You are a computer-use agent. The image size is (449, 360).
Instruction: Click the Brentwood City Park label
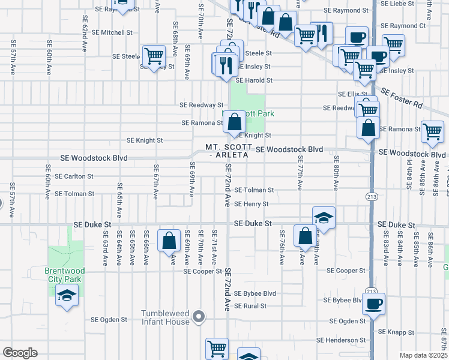click(65, 275)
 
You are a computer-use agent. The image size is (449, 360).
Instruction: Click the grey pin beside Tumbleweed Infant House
click(201, 316)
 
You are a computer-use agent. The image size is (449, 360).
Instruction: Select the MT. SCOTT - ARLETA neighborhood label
click(227, 151)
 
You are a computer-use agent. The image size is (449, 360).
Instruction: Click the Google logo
click(20, 353)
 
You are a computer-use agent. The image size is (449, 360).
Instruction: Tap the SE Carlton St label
click(74, 176)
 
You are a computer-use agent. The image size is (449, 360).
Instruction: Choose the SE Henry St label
click(252, 204)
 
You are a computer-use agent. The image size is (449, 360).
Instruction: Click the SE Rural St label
click(251, 306)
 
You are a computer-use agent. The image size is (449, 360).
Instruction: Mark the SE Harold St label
click(254, 80)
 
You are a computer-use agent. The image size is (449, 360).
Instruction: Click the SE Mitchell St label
click(108, 32)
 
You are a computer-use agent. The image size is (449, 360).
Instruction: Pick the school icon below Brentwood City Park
click(67, 296)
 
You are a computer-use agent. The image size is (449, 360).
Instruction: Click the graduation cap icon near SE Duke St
click(324, 218)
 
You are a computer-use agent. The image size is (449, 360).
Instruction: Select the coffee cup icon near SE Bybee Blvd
click(373, 304)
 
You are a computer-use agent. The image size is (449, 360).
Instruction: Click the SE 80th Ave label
click(337, 171)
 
